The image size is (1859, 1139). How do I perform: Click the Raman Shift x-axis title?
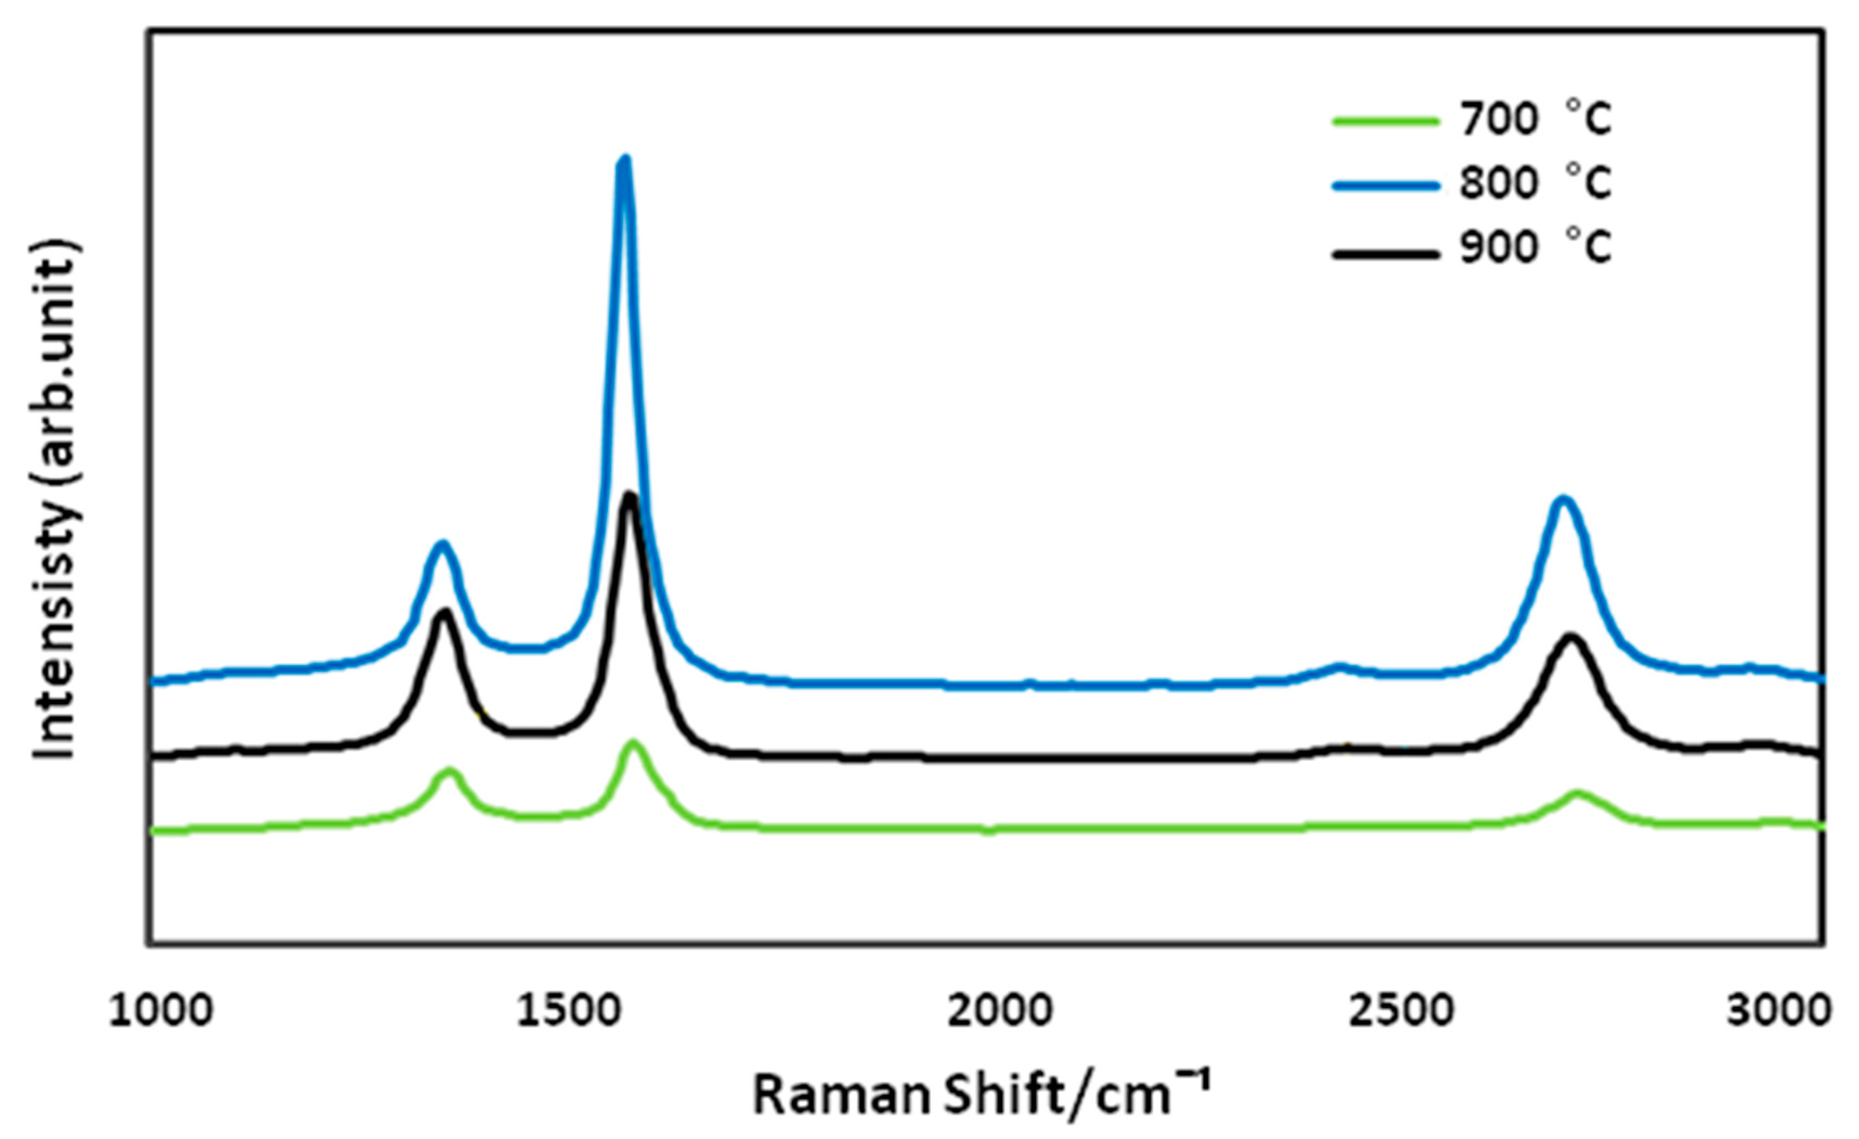(981, 1095)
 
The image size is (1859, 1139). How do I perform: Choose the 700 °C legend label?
(1536, 119)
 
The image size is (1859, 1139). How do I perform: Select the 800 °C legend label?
(1536, 183)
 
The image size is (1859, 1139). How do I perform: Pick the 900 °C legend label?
(1536, 248)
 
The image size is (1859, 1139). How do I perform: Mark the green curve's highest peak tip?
(632, 743)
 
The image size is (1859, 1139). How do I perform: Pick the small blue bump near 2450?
(1340, 667)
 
